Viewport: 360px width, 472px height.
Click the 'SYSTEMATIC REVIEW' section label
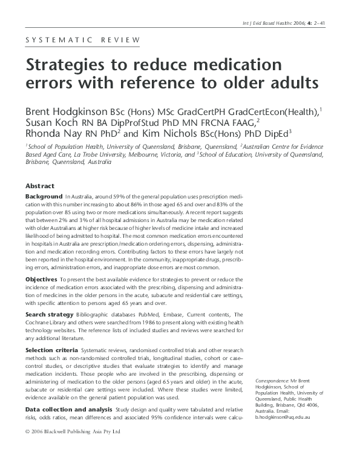[x=82, y=41]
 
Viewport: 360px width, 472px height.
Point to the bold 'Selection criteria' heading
[x=51, y=351]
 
